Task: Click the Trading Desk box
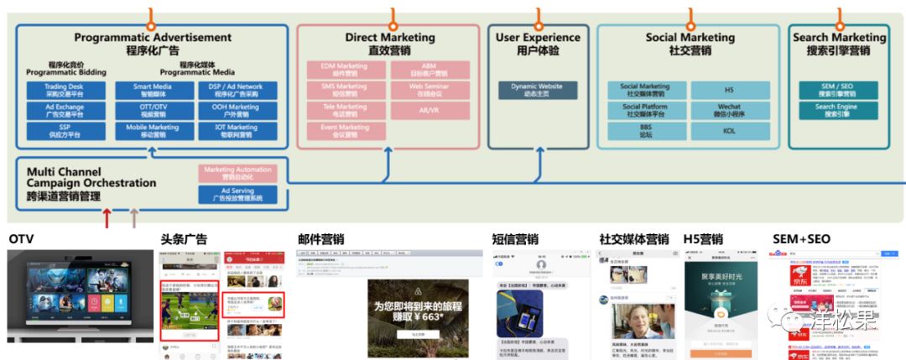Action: click(66, 90)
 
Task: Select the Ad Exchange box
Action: click(66, 111)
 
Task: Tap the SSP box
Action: click(66, 131)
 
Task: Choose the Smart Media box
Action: click(153, 90)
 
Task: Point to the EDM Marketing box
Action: click(344, 70)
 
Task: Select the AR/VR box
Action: click(429, 111)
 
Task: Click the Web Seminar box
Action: click(429, 90)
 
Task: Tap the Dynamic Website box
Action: click(537, 90)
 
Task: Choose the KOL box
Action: click(730, 131)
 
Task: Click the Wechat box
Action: click(730, 111)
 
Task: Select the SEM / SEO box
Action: click(836, 90)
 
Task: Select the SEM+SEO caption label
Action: click(801, 240)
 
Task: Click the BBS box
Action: click(644, 131)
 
